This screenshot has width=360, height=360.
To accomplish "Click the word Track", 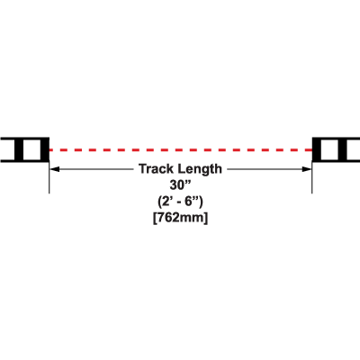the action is tap(157, 169).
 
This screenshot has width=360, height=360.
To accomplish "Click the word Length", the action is tap(200, 169).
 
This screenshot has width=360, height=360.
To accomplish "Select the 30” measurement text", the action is tap(181, 185).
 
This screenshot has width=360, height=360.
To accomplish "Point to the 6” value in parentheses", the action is tap(192, 202).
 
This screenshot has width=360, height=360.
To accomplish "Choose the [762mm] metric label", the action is tap(180, 219).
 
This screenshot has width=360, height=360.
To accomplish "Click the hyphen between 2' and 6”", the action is tap(178, 202).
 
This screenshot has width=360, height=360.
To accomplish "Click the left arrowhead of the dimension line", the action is tap(54, 169).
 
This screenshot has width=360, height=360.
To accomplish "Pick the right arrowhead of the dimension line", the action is tap(307, 169).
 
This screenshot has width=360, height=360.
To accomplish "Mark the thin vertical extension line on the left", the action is tap(49, 177).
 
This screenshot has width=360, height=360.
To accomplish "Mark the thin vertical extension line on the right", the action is tap(312, 177).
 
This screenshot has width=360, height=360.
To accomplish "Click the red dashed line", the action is tap(181, 149).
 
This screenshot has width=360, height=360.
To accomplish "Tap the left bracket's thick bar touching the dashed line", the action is tap(45, 149).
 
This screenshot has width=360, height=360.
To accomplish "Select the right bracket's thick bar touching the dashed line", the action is tap(317, 149).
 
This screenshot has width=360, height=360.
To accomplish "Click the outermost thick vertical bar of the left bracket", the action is tap(19, 149).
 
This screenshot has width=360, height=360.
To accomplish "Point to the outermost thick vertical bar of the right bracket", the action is tap(343, 149).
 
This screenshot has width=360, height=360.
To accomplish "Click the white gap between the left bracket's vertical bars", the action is tap(31, 149).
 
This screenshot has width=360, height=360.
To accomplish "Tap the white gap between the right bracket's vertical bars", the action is tap(329, 149).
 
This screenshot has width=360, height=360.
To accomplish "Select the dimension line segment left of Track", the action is tap(92, 169).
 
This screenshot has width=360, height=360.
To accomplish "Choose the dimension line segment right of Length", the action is tap(269, 169).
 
